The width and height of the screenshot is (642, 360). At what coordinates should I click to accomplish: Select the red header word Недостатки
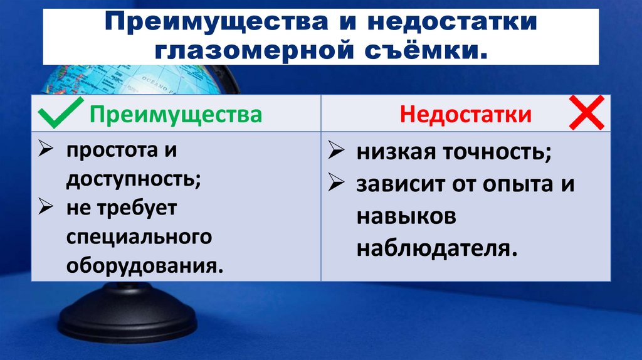tap(466, 115)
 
